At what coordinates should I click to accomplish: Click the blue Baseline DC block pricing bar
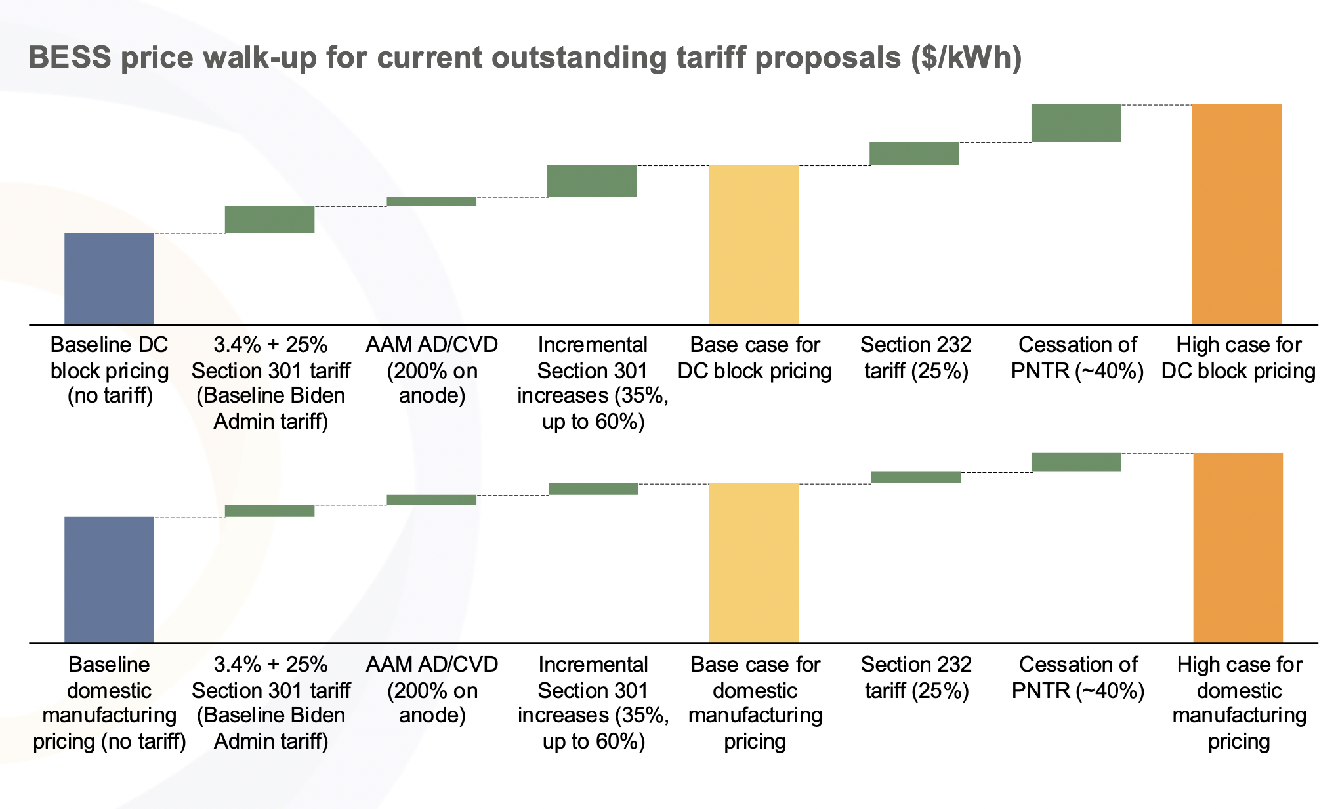click(109, 278)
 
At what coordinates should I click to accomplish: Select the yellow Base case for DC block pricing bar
click(753, 244)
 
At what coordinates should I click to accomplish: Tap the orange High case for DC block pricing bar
click(1236, 214)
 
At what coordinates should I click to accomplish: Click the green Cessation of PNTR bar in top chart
click(1075, 123)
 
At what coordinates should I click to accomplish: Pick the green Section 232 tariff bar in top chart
click(914, 153)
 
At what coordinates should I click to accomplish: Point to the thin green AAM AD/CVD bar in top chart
click(431, 201)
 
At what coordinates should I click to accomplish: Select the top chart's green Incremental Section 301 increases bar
click(592, 181)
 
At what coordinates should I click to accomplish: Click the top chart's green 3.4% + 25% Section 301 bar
click(270, 219)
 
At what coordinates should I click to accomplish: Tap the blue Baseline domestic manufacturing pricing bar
click(109, 579)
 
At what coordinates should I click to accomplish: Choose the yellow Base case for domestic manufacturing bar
click(753, 563)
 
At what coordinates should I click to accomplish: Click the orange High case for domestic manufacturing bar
click(1238, 548)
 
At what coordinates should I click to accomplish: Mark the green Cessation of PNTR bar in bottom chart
click(1075, 462)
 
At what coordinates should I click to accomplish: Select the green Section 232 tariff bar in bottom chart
click(915, 477)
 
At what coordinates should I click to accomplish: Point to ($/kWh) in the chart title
click(966, 58)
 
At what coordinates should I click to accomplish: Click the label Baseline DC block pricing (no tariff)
click(110, 370)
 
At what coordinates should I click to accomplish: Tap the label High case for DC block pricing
click(1238, 358)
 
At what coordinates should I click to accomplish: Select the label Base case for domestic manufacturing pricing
click(755, 703)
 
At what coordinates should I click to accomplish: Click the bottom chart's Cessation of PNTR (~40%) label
click(1078, 678)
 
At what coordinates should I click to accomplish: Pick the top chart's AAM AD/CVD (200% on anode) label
click(432, 370)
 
